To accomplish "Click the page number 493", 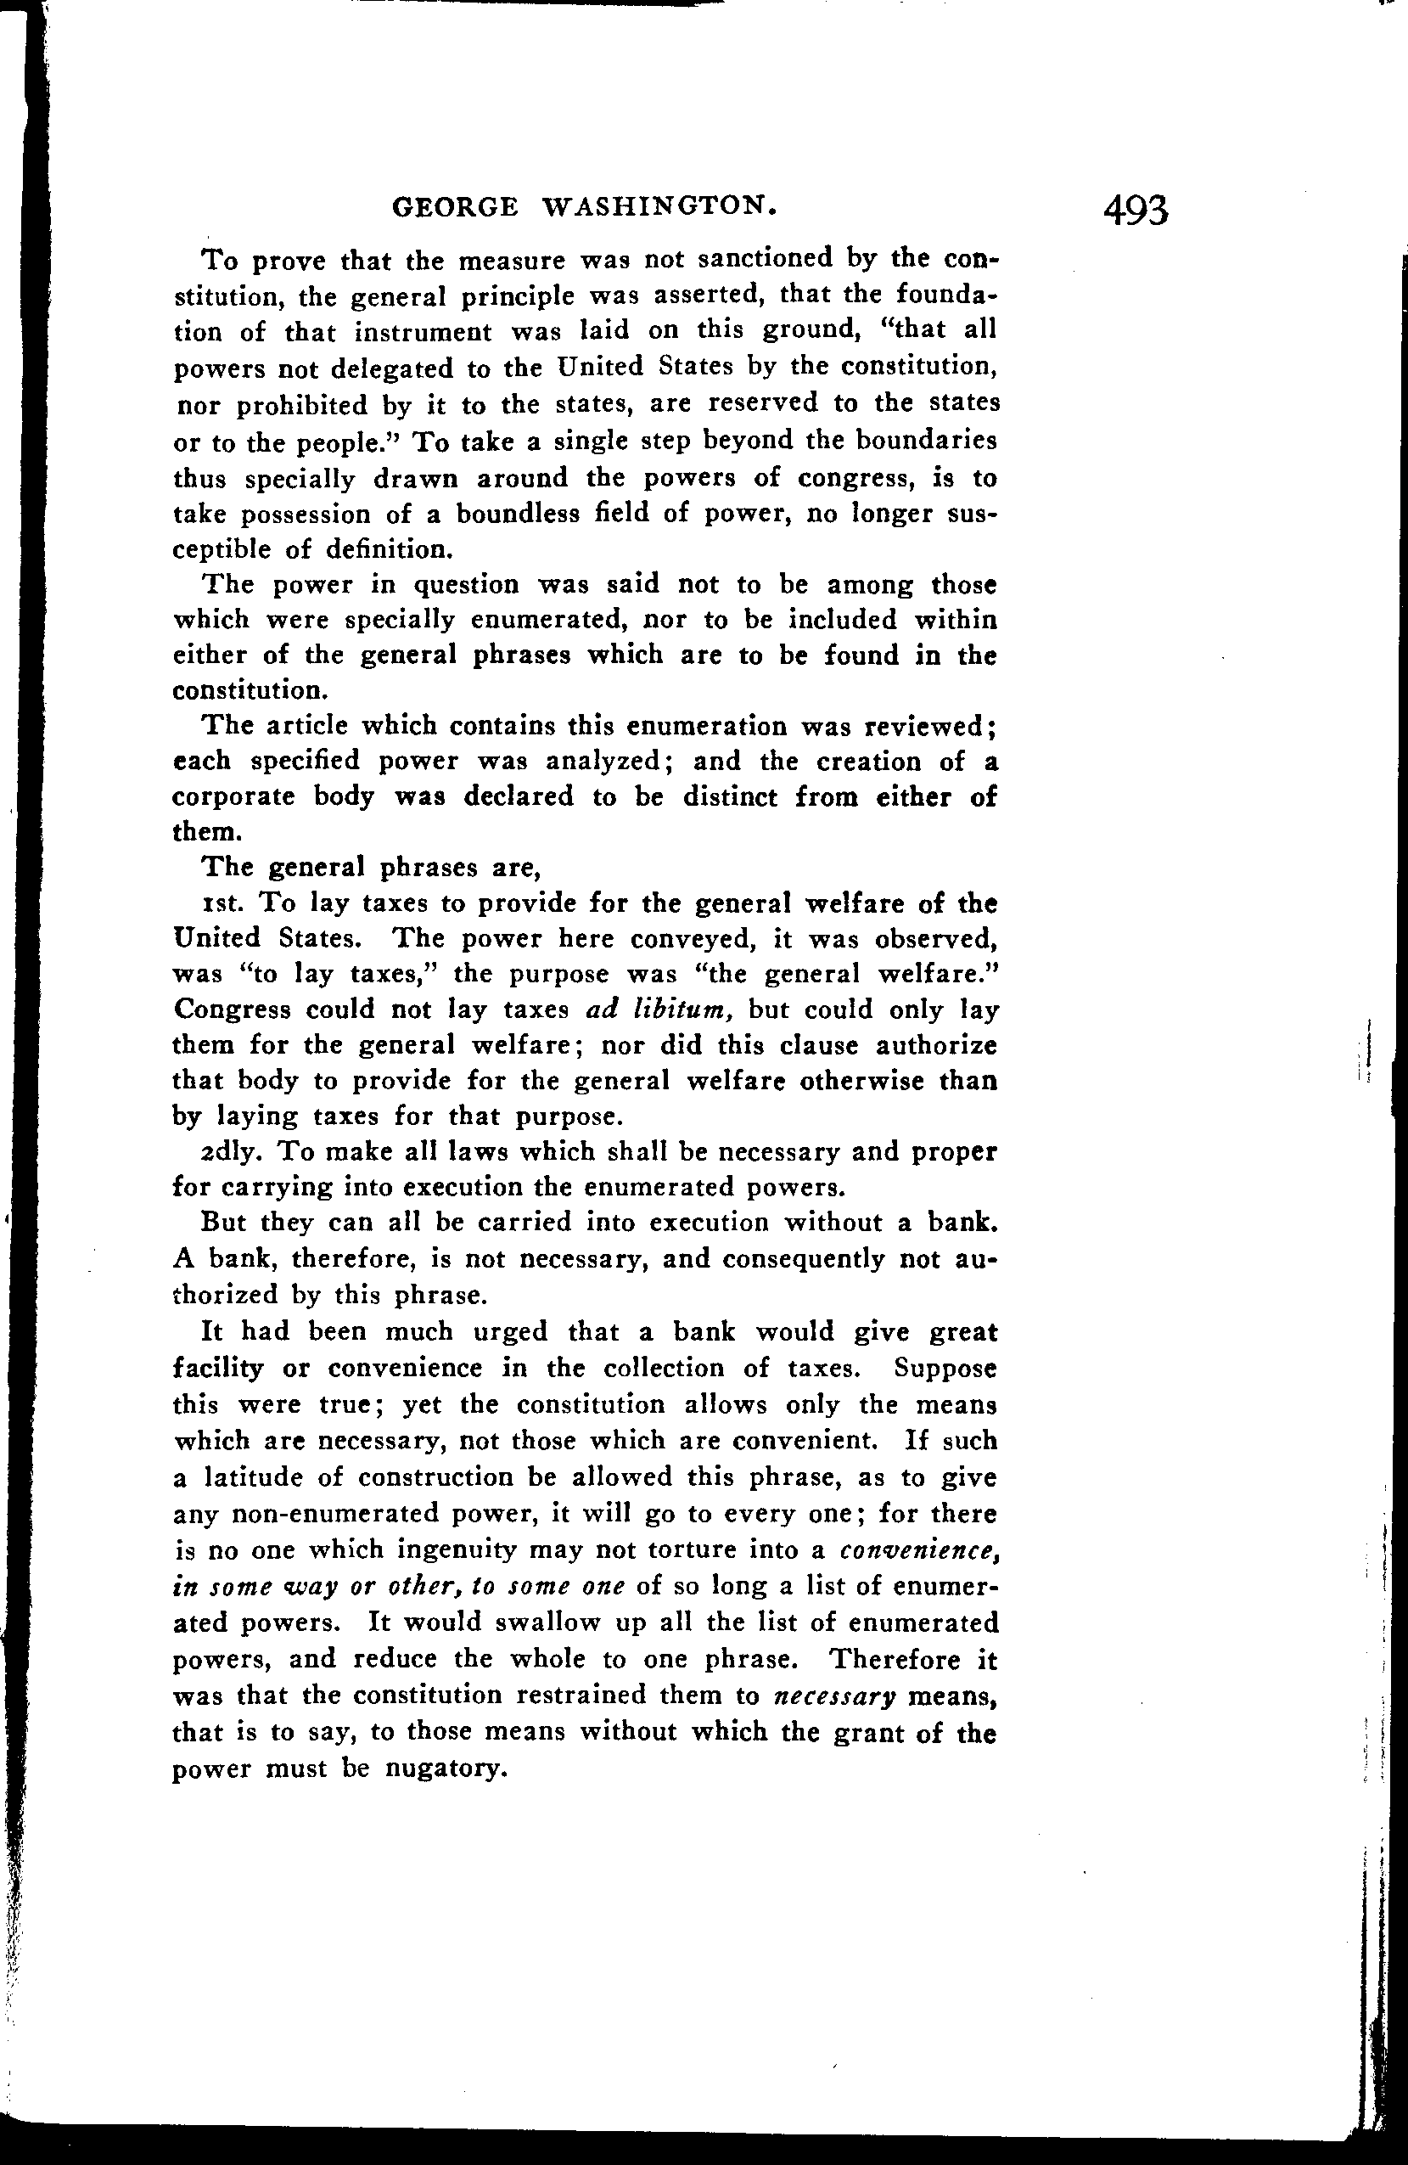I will (1134, 211).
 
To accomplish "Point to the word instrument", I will (431, 332).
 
